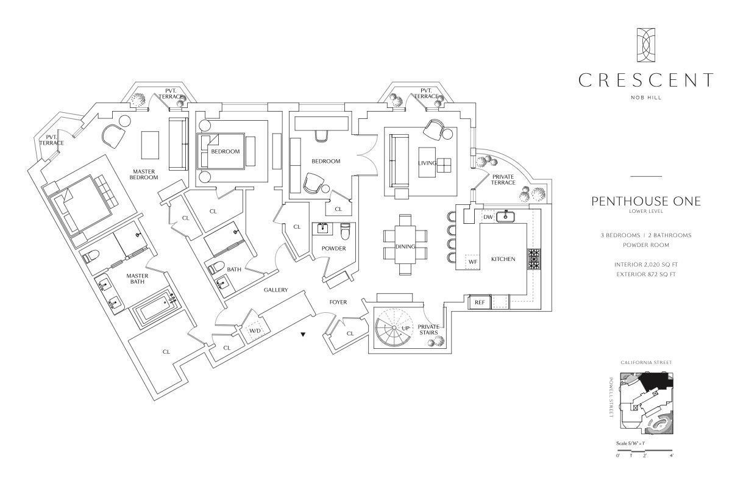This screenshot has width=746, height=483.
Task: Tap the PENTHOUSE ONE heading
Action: point(645,202)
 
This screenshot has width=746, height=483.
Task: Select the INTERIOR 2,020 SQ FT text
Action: point(645,265)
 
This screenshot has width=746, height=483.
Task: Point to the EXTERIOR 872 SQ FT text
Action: point(645,274)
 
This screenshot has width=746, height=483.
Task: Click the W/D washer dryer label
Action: point(255,331)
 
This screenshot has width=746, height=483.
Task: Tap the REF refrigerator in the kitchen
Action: point(480,302)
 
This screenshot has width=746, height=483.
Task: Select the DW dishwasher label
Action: point(488,216)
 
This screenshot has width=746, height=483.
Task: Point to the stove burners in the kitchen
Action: point(534,259)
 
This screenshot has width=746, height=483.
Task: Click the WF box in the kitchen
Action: point(472,262)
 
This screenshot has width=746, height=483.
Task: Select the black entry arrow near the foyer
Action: point(303,335)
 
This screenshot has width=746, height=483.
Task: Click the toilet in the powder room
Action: point(346,231)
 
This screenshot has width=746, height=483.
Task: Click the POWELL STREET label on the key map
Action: point(611,396)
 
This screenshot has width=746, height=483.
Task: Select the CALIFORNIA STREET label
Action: point(646,363)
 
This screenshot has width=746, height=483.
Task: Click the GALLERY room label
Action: point(275,290)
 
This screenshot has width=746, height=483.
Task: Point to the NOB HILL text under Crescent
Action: point(645,97)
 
